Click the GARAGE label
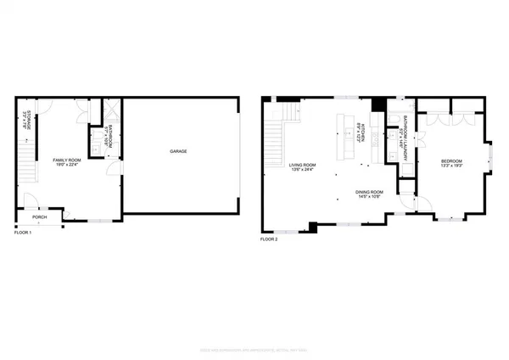pos(178,152)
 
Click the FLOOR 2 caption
pos(269,239)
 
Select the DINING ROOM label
pos(369,192)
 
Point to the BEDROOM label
pos(451,160)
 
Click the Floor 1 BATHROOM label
pos(111,136)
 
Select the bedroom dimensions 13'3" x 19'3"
pos(451,166)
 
